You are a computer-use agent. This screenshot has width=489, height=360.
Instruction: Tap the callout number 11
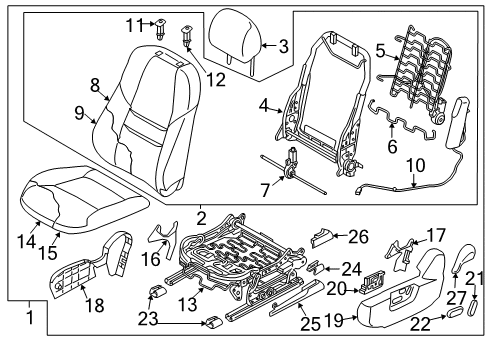pyautogui.click(x=134, y=25)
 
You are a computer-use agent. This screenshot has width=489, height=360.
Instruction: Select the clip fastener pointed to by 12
pyautogui.click(x=187, y=36)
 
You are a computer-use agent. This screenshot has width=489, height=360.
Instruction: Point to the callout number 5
pyautogui.click(x=380, y=51)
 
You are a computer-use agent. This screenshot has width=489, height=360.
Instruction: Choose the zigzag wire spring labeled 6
pyautogui.click(x=402, y=121)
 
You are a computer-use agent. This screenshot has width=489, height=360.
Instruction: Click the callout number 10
pyautogui.click(x=416, y=166)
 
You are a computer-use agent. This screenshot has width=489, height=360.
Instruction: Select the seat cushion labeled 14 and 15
pyautogui.click(x=83, y=199)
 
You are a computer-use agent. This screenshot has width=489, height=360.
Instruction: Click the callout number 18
pyautogui.click(x=95, y=305)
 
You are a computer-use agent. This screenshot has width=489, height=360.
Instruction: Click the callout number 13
pyautogui.click(x=188, y=304)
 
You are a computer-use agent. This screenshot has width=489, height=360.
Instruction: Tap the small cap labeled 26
pyautogui.click(x=322, y=238)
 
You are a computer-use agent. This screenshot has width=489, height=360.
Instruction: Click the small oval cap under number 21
pyautogui.click(x=473, y=307)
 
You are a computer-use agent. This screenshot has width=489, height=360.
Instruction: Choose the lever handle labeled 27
pyautogui.click(x=463, y=257)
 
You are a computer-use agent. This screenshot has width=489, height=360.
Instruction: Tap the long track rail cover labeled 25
pyautogui.click(x=297, y=297)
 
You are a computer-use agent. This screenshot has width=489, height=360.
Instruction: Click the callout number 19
pyautogui.click(x=334, y=320)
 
